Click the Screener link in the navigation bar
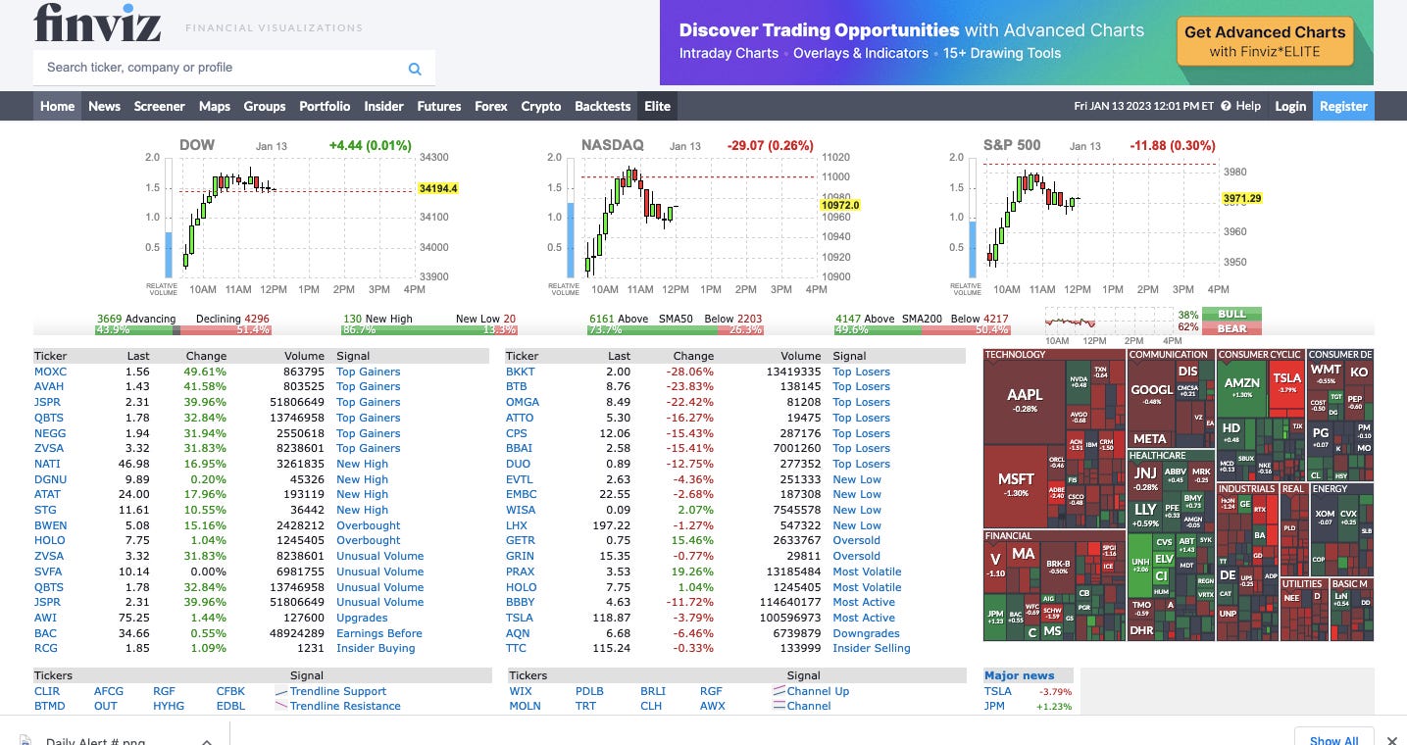(159, 106)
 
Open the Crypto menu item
(540, 106)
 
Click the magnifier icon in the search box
(415, 69)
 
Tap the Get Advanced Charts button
(1265, 41)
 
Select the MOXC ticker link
(50, 372)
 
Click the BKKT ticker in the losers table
(520, 372)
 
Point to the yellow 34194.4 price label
(438, 188)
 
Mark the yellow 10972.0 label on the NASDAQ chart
(840, 205)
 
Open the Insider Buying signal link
(376, 648)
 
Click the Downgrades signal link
(866, 633)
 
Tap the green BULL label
(1231, 315)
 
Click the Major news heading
(1019, 675)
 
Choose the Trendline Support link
(337, 691)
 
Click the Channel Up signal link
(818, 691)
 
